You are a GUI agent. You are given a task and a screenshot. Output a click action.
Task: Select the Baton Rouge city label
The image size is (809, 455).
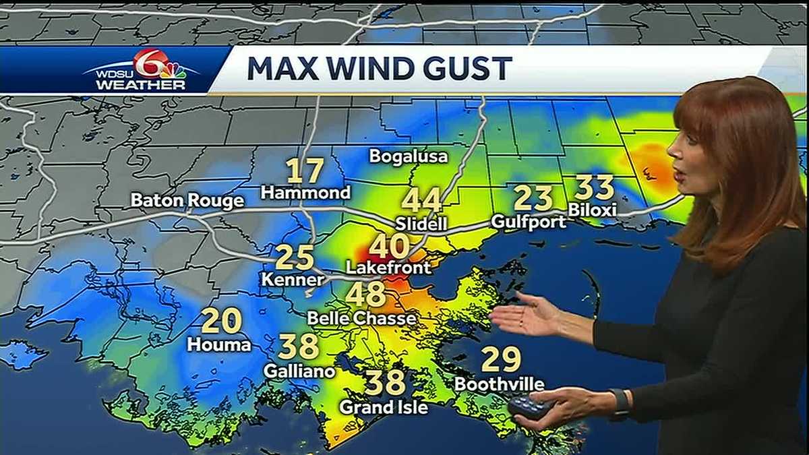point(187,201)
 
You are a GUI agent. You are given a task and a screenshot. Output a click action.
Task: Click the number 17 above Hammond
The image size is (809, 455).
point(305,171)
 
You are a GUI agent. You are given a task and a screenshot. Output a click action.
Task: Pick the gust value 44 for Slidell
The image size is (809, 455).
point(421,200)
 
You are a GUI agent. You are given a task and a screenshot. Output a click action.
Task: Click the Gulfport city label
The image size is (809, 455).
point(529,221)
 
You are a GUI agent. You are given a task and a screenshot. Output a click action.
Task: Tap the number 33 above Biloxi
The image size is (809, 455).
point(594,187)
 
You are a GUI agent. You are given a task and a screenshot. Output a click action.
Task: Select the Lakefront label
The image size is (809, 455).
point(388,268)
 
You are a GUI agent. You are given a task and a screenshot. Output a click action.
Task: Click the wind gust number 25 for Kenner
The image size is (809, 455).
point(295,257)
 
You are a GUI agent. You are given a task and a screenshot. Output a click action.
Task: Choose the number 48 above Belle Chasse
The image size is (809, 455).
point(366,295)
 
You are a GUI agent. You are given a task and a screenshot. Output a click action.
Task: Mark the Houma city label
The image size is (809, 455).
point(219,345)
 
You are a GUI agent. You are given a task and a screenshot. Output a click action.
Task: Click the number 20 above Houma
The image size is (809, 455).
point(221,321)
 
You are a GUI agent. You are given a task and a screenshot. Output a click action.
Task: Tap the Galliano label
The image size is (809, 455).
point(299,371)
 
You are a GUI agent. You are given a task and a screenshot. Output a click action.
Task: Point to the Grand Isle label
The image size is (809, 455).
point(383,407)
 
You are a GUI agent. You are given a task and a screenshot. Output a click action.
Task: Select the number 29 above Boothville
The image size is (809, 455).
point(502,359)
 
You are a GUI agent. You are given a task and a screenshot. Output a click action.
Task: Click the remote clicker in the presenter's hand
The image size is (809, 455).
point(530,408)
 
